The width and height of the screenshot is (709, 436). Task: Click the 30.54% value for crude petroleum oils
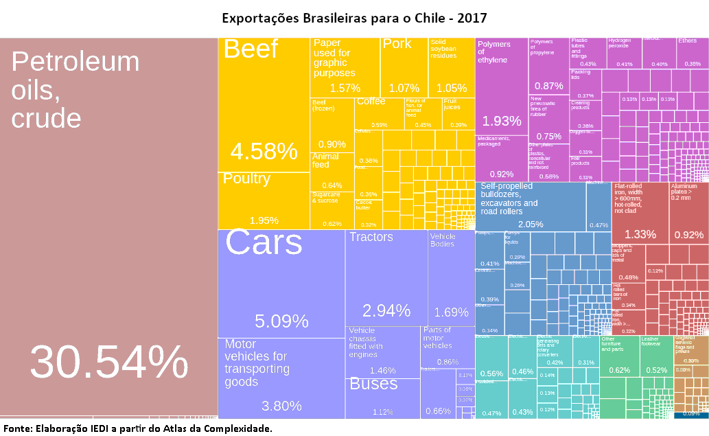coord(108,362)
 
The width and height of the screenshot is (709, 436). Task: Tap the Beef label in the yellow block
coord(251,49)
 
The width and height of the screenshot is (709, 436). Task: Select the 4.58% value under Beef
coord(264,151)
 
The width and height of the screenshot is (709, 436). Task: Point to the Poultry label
coord(247,179)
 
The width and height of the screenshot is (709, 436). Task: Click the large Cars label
coord(264,243)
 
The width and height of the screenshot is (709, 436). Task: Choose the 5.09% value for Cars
coord(281,321)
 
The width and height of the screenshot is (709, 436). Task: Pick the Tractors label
coord(371,238)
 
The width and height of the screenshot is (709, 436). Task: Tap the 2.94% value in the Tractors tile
coord(386,311)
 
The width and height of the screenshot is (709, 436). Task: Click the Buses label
coord(374,385)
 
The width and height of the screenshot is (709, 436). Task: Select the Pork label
coord(397,44)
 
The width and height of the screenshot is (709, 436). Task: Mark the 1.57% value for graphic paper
coord(345,88)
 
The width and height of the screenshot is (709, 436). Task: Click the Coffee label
coord(371,102)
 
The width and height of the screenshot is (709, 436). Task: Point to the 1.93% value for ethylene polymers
coord(502,122)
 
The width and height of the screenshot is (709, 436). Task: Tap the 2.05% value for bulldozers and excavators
coord(531,225)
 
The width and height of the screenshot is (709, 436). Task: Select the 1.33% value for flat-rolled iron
coord(640,235)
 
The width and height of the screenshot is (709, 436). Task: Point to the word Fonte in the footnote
coord(18,428)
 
